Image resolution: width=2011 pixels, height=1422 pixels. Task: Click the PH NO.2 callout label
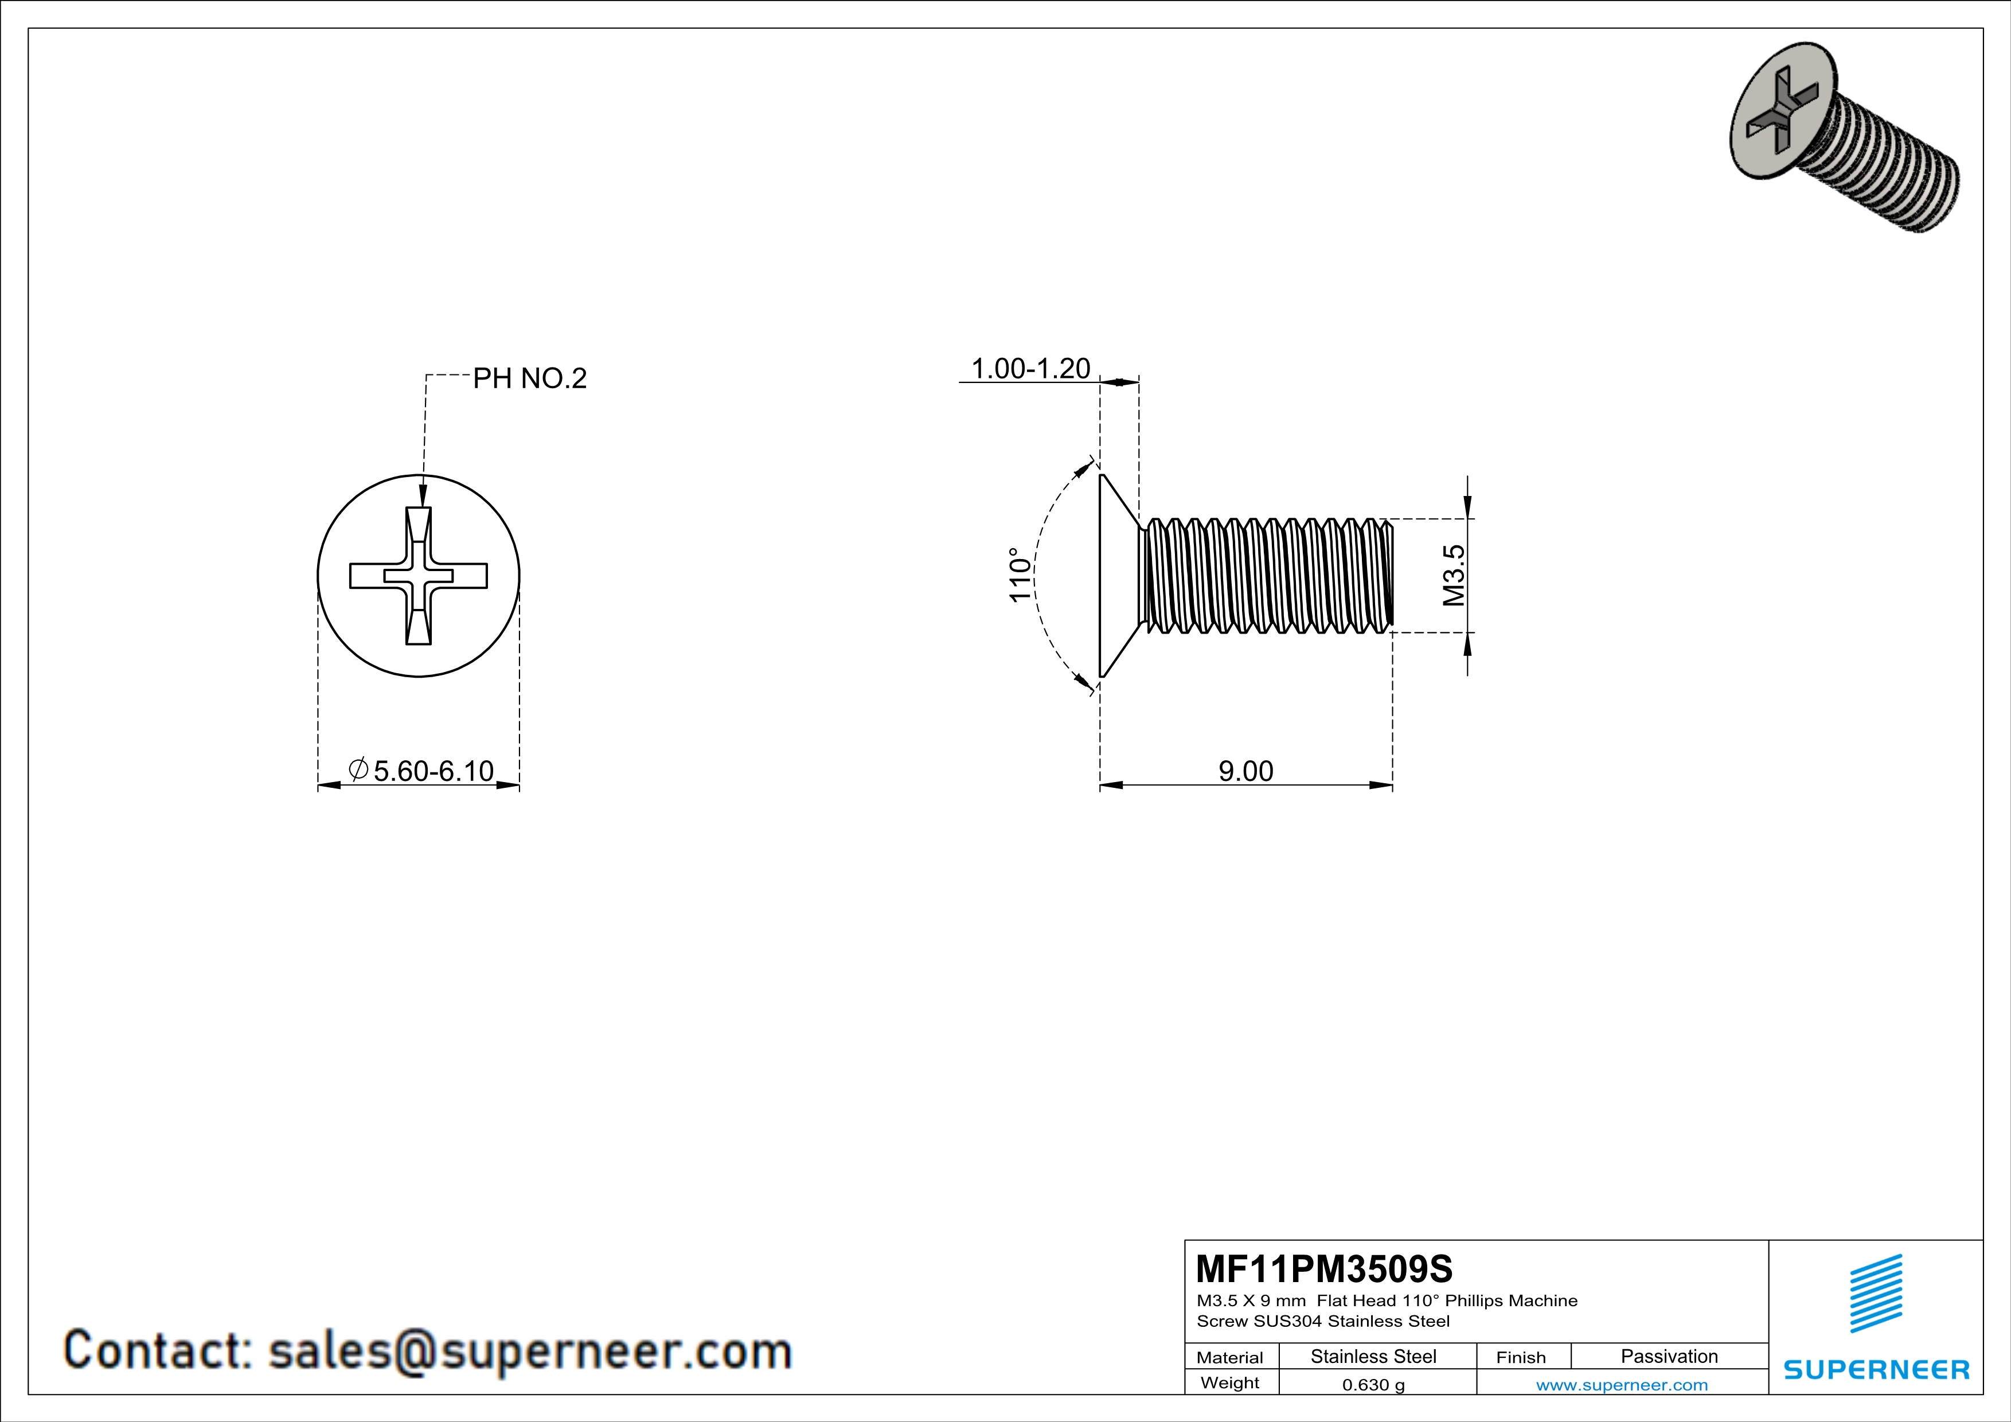529,378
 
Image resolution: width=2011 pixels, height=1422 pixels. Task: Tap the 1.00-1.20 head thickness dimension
1030,369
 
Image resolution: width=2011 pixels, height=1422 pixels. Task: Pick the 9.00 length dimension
1245,771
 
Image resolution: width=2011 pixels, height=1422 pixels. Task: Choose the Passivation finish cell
1669,1356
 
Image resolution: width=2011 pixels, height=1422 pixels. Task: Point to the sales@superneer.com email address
529,1351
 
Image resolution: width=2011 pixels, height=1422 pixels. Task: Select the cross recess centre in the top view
419,575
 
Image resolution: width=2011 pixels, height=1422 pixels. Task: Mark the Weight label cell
1230,1382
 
